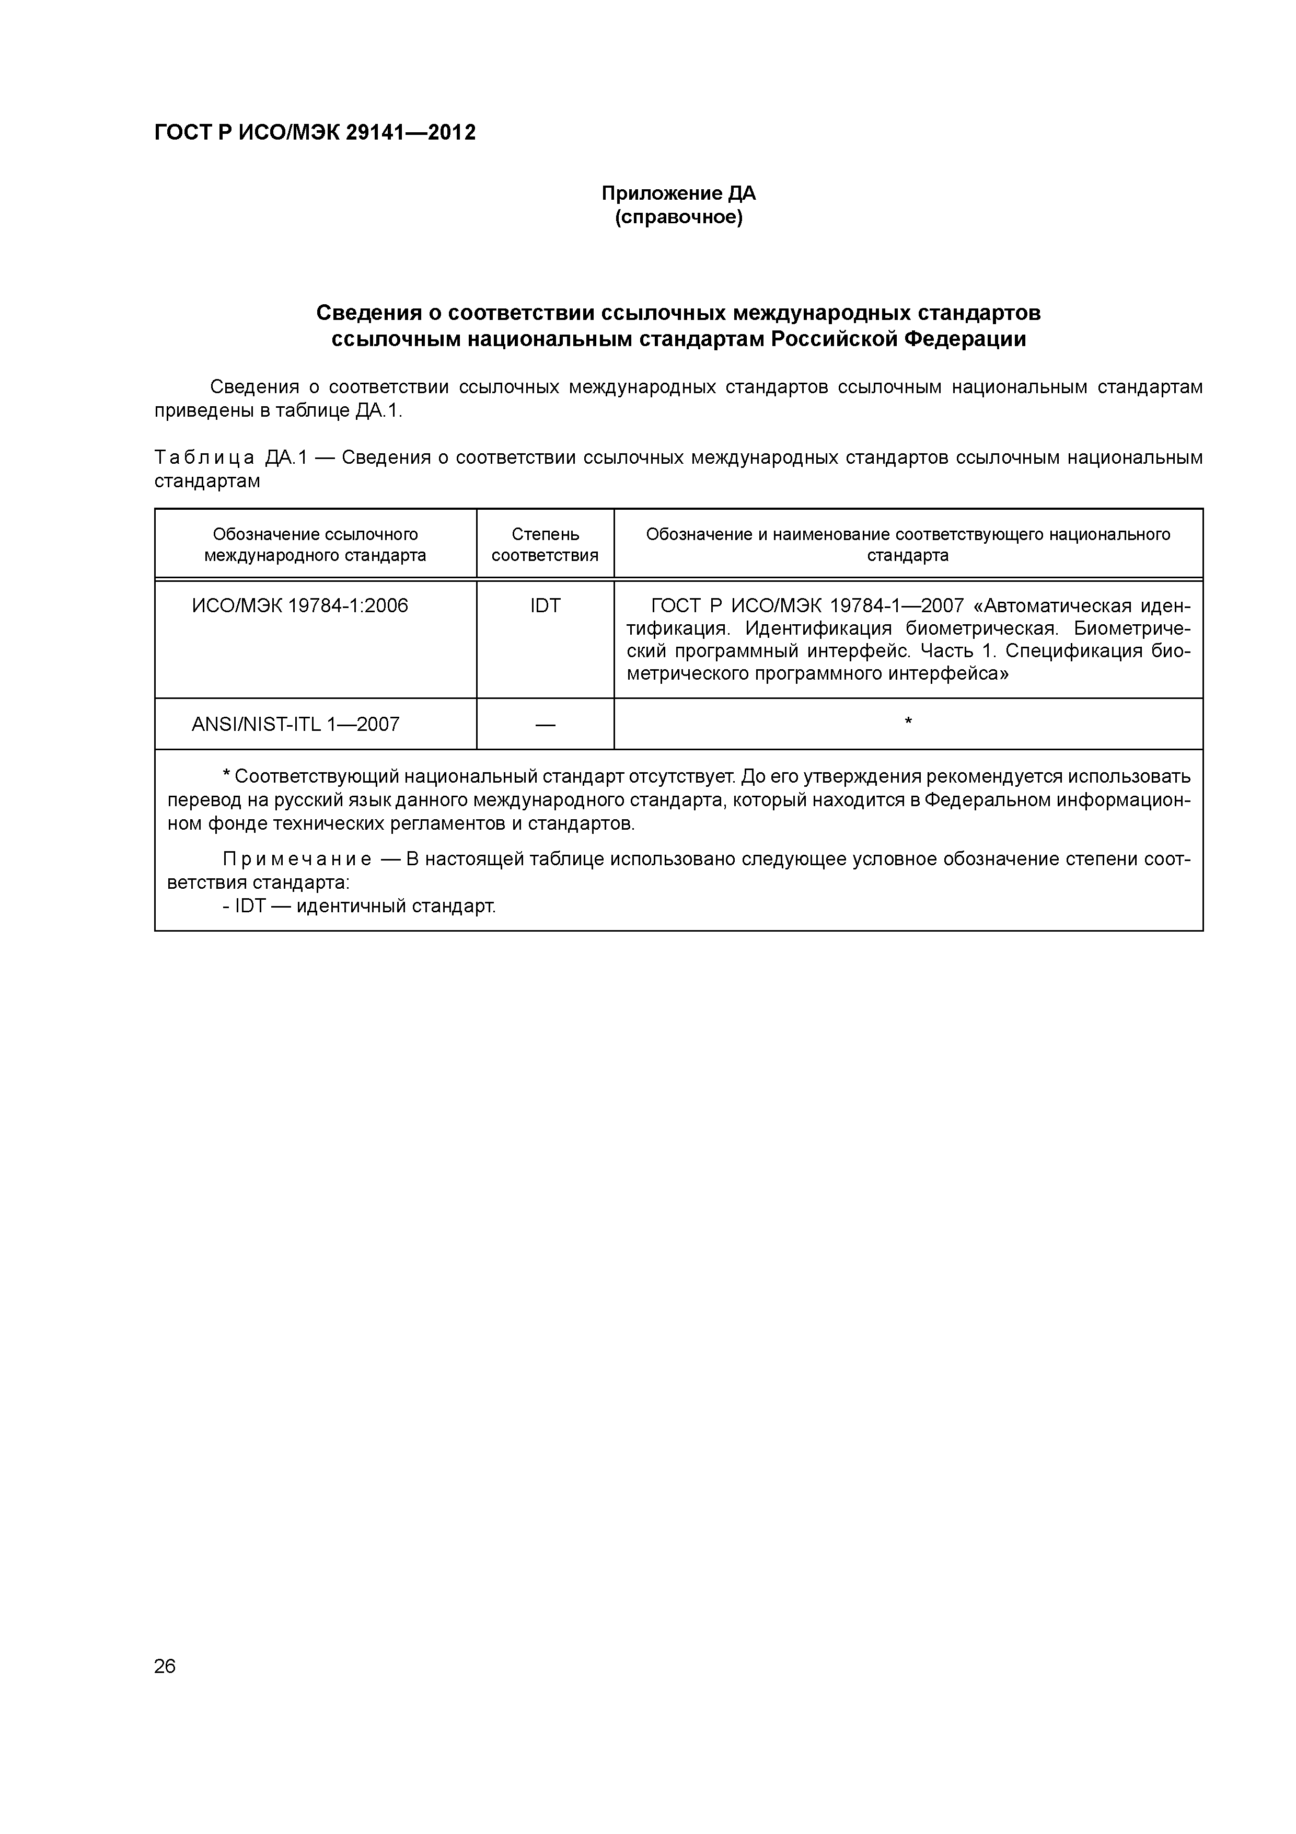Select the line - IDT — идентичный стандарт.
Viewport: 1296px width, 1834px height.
(x=360, y=907)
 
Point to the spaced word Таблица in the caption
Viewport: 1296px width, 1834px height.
(x=204, y=457)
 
